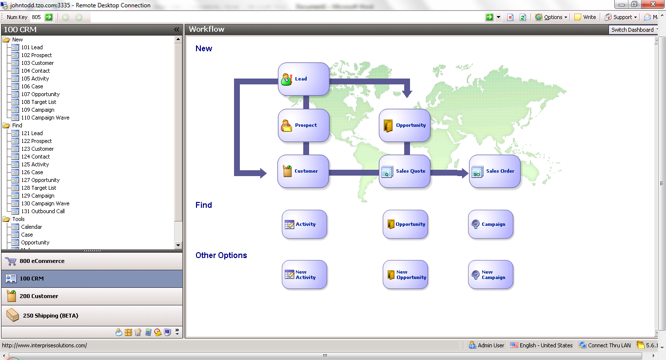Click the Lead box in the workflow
click(x=304, y=79)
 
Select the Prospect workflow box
click(x=304, y=125)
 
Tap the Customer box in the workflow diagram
click(x=303, y=171)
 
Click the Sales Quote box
click(x=405, y=171)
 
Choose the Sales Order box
click(x=495, y=171)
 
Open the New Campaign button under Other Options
click(x=490, y=275)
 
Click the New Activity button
click(x=304, y=275)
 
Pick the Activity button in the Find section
click(x=304, y=224)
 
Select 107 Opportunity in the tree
click(x=40, y=94)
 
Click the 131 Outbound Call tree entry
click(x=43, y=211)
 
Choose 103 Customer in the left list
click(x=38, y=63)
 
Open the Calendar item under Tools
click(x=32, y=227)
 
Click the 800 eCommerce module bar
click(x=92, y=261)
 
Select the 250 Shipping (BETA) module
click(x=92, y=316)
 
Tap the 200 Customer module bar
click(x=92, y=296)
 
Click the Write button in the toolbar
click(x=586, y=17)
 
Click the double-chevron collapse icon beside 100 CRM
click(x=176, y=30)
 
